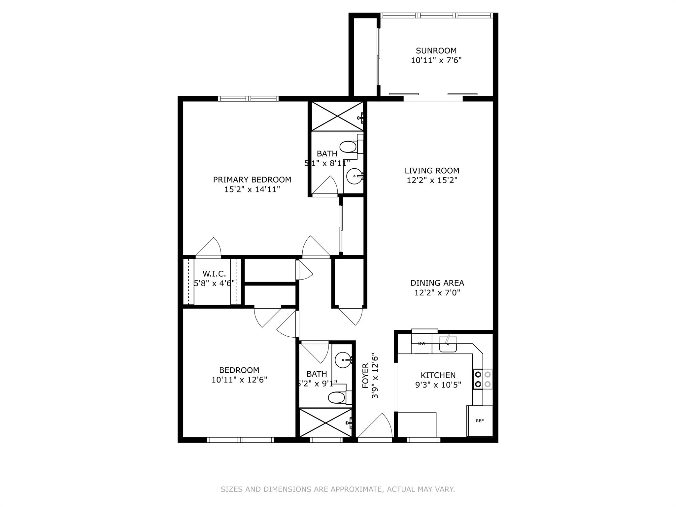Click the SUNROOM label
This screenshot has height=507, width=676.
pyautogui.click(x=436, y=51)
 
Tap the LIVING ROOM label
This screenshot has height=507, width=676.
pyautogui.click(x=432, y=171)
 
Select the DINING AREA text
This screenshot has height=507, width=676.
pyautogui.click(x=437, y=283)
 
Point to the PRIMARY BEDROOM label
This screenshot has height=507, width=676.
pyautogui.click(x=252, y=180)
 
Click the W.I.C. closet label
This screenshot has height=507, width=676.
pyautogui.click(x=214, y=274)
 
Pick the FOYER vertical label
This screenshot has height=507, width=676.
pyautogui.click(x=365, y=376)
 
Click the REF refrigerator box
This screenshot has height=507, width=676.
pyautogui.click(x=480, y=421)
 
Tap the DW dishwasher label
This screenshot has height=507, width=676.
pyautogui.click(x=422, y=344)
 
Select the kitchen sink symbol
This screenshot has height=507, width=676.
pyautogui.click(x=448, y=344)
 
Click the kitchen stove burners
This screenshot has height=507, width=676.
pyautogui.click(x=483, y=379)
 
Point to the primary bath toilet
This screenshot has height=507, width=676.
pyautogui.click(x=351, y=147)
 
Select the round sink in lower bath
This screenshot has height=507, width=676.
pyautogui.click(x=343, y=360)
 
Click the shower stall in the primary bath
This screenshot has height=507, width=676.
pyautogui.click(x=337, y=116)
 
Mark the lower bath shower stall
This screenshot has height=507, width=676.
pyautogui.click(x=325, y=423)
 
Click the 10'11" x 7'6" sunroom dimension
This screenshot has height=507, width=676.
pyautogui.click(x=436, y=60)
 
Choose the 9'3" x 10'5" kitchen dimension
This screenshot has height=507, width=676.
pyautogui.click(x=438, y=385)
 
